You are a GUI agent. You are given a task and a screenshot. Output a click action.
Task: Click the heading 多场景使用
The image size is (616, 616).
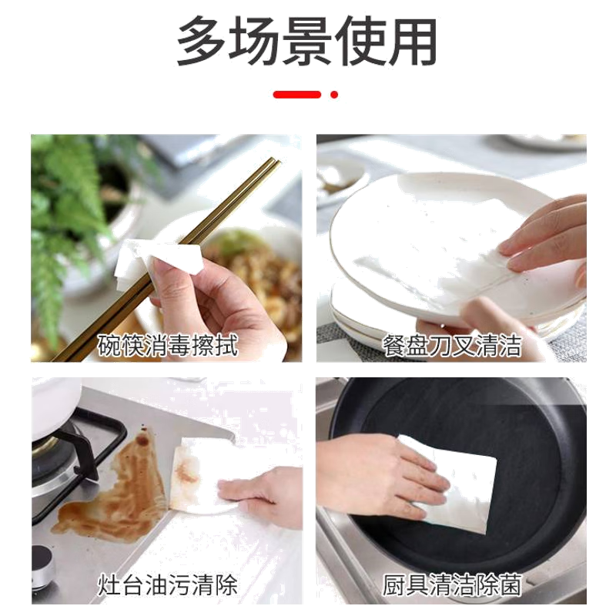[307, 41]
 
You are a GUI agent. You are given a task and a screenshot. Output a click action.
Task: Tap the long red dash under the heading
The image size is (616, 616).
[297, 94]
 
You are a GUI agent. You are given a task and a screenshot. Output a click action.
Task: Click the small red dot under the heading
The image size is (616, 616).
[334, 94]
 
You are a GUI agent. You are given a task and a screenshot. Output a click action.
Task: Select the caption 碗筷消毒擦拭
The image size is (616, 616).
[167, 346]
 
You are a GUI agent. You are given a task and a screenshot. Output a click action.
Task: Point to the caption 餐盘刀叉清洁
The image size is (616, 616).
[452, 346]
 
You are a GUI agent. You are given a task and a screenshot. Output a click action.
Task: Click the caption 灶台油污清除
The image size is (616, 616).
[167, 584]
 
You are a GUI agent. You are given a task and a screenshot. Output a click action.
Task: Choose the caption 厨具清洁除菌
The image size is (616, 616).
[452, 584]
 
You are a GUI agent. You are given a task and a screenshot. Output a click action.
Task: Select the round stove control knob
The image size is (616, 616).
[43, 566]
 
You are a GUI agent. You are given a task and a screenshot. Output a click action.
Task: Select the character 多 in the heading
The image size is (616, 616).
[201, 42]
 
